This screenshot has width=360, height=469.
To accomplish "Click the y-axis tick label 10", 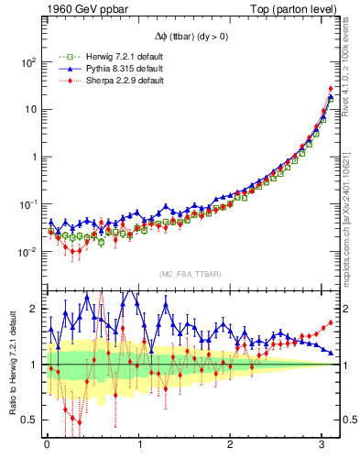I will tap(30, 110).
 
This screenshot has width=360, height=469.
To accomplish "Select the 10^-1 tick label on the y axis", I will tap(27, 204).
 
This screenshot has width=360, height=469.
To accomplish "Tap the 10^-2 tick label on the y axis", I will tap(27, 252).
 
